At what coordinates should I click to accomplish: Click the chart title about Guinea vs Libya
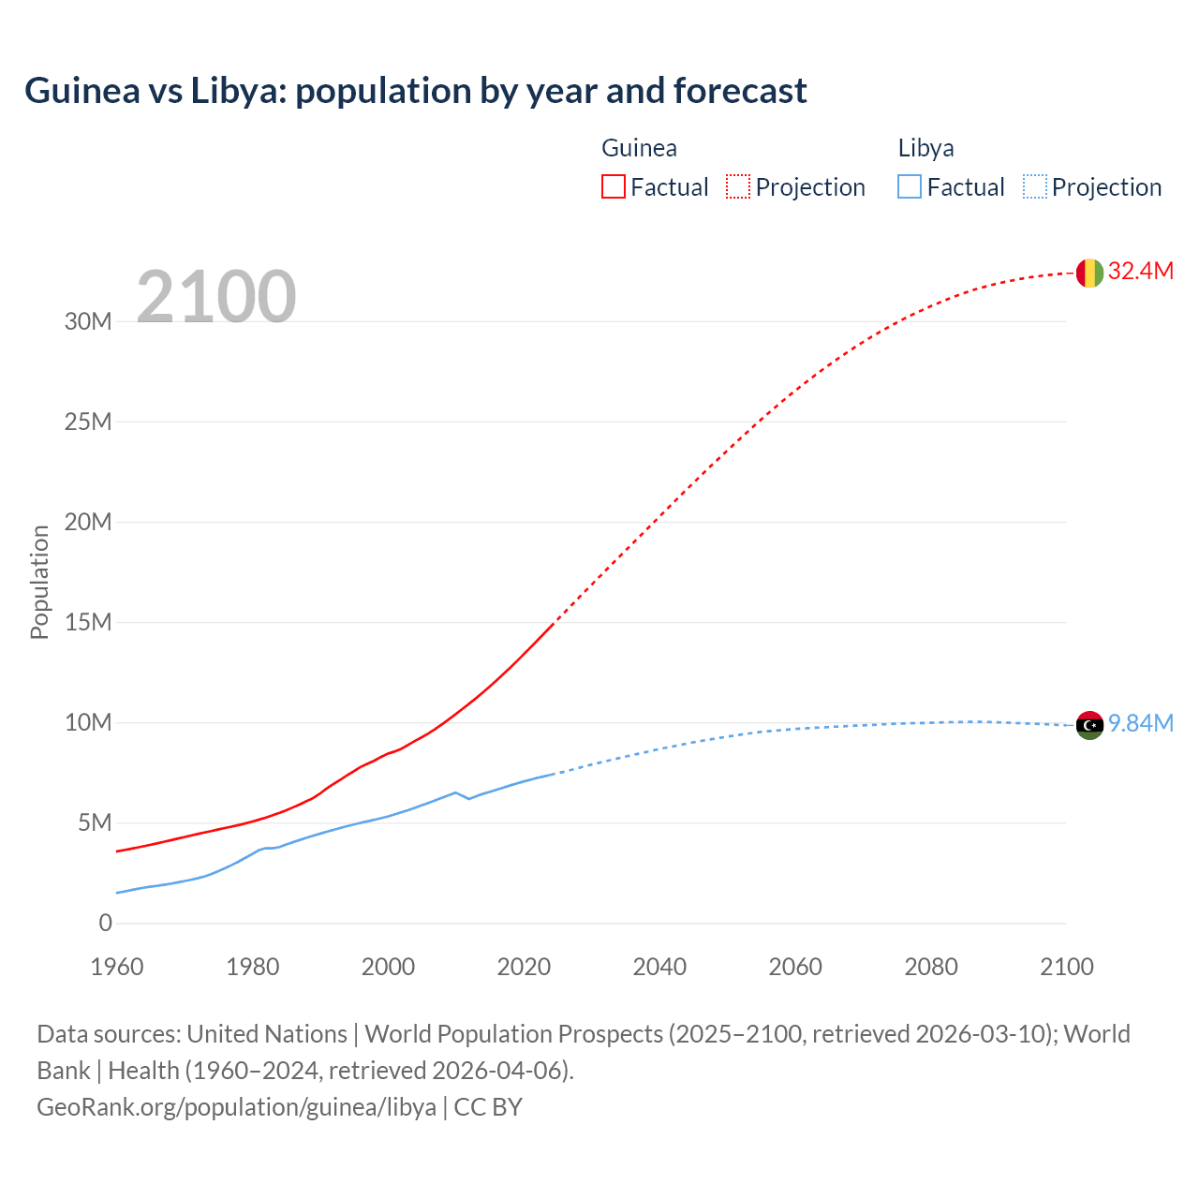415,91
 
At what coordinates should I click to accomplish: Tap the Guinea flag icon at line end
1089,273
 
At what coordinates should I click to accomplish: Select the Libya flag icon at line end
1089,725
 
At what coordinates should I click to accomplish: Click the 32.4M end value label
1140,272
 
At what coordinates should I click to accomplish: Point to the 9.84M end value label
1140,724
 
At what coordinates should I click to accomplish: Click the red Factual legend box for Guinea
613,187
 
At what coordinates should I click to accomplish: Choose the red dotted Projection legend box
738,187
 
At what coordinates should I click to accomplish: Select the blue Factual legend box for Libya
910,187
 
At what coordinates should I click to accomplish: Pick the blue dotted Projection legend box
1034,187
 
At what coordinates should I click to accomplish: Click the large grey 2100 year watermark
216,297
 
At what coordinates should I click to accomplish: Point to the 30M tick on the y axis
88,322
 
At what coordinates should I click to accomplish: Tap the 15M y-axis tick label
88,623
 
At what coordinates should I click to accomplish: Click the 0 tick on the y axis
105,924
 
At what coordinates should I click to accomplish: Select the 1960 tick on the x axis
117,967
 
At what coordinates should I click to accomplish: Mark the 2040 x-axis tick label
659,967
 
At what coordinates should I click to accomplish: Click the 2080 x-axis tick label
931,967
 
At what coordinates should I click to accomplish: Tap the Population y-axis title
39,582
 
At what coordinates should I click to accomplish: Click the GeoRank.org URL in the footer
236,1107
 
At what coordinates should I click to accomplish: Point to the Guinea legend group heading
639,148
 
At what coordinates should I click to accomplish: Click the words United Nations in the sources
267,1034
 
